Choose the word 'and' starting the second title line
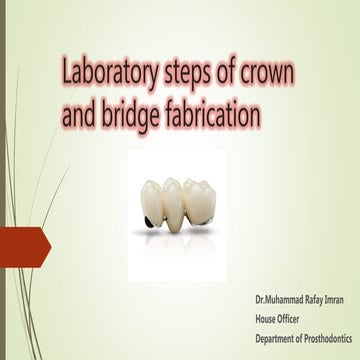pyautogui.click(x=81, y=114)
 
